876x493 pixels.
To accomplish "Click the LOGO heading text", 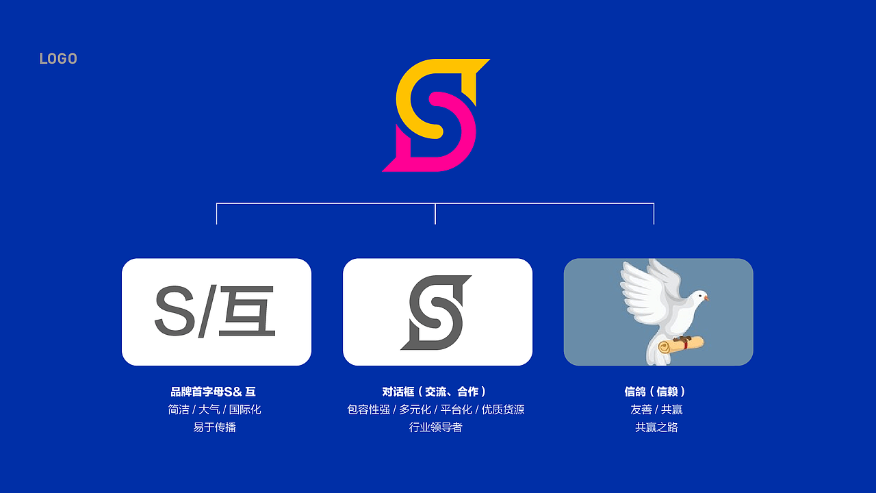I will click(58, 59).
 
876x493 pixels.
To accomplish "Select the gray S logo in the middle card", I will click(437, 312).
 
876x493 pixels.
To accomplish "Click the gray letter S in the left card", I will click(175, 312).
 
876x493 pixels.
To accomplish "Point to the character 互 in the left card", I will click(247, 312).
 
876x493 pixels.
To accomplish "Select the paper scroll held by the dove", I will click(681, 344).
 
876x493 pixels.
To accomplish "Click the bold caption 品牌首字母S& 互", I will click(214, 392).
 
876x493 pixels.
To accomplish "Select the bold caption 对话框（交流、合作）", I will click(435, 392).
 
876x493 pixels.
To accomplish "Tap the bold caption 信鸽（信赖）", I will click(656, 392).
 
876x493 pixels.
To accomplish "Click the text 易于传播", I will click(215, 427).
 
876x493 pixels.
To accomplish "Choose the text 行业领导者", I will click(436, 427).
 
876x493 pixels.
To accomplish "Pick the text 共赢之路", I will click(656, 427).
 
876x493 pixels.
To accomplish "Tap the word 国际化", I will click(245, 409).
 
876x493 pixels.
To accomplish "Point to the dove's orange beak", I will click(706, 299).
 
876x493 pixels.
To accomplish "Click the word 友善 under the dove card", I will click(641, 409).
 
